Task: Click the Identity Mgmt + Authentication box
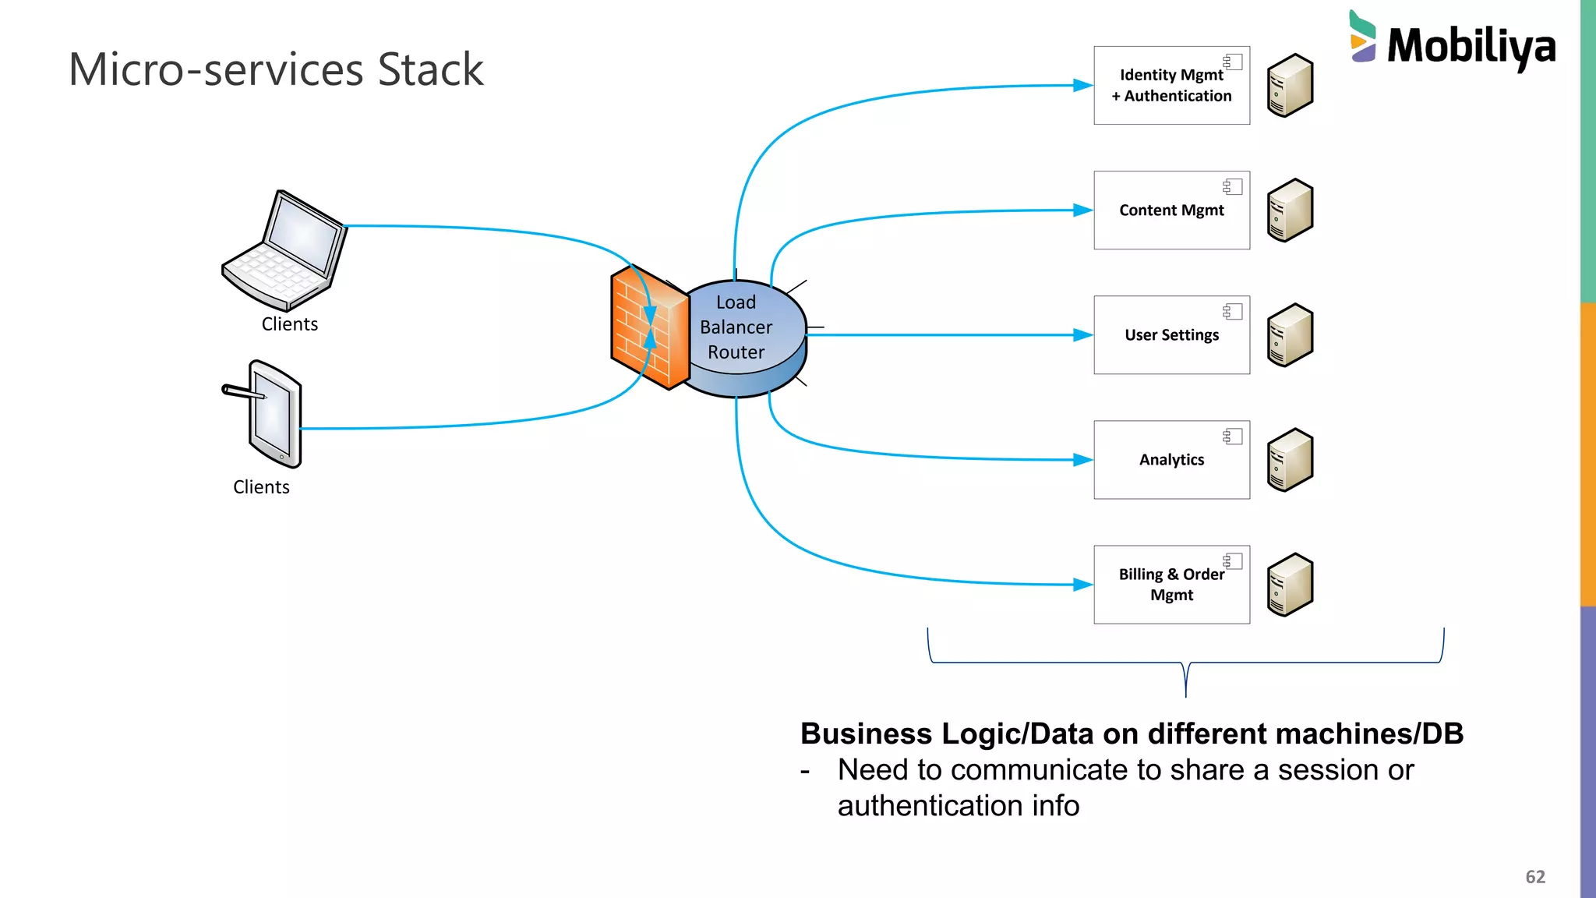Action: pyautogui.click(x=1171, y=86)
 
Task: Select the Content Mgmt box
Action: pyautogui.click(x=1171, y=210)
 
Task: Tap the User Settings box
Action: pyautogui.click(x=1171, y=335)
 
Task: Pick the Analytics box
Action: pyautogui.click(x=1171, y=460)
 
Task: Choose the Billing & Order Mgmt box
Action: pyautogui.click(x=1171, y=585)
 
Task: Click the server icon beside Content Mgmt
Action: pyautogui.click(x=1290, y=210)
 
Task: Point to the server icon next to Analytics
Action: pyautogui.click(x=1290, y=460)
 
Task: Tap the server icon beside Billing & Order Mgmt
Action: pyautogui.click(x=1290, y=585)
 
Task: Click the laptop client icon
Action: pyautogui.click(x=285, y=251)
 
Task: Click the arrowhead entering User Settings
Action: pyautogui.click(x=1082, y=335)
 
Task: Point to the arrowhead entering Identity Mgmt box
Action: pyautogui.click(x=1082, y=86)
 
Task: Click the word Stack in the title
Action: pyautogui.click(x=430, y=70)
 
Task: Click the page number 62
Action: pyautogui.click(x=1534, y=877)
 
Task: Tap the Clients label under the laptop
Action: pyautogui.click(x=289, y=324)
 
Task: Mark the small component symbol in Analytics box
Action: pyautogui.click(x=1232, y=436)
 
